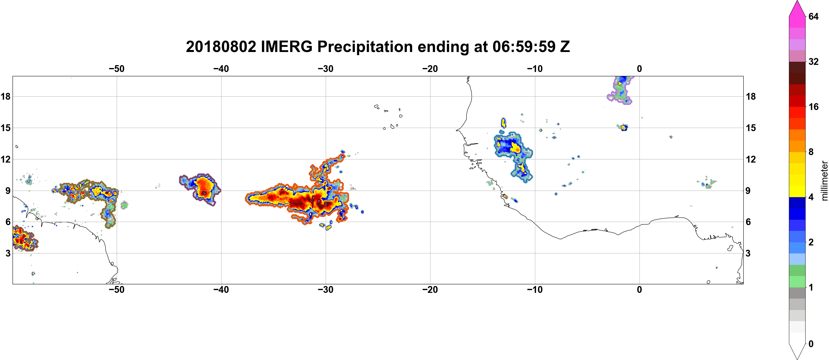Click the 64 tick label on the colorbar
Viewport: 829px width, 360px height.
[x=814, y=16]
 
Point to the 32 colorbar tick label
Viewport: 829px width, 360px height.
[x=814, y=61]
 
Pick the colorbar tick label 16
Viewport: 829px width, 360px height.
[x=814, y=107]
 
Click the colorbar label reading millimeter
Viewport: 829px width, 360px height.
[x=824, y=181]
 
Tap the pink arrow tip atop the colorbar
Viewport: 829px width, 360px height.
[x=797, y=1]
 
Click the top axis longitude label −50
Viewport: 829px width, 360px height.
[x=116, y=69]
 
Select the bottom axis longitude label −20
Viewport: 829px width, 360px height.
[x=430, y=289]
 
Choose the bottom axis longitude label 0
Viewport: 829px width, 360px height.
[x=639, y=289]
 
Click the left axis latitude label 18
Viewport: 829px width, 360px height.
[x=5, y=96]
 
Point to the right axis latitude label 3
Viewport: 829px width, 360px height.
[x=748, y=253]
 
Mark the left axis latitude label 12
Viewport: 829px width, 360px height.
[x=5, y=159]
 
